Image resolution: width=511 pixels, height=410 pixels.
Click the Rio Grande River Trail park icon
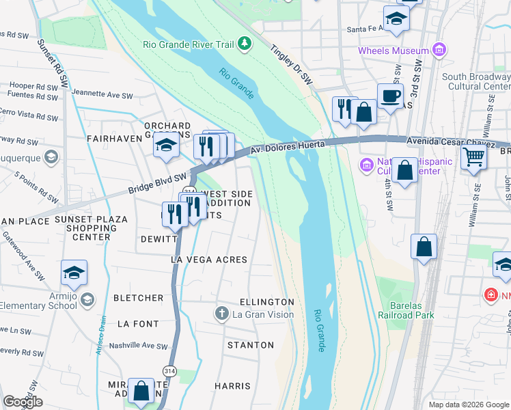tap(245, 45)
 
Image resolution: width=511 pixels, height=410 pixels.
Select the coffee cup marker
tap(390, 96)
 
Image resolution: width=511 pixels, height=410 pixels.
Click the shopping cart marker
tap(473, 157)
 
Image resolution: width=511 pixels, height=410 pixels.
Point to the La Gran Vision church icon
tap(221, 314)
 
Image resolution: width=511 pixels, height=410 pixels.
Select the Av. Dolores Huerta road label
tap(287, 146)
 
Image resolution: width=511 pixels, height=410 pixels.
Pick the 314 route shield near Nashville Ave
tap(167, 370)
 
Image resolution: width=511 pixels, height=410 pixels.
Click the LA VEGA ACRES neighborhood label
tap(208, 260)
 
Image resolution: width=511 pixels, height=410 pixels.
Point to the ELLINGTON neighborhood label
tap(267, 301)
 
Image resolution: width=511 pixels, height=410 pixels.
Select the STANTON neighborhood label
tap(251, 345)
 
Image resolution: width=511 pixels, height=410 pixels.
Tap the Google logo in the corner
tap(23, 402)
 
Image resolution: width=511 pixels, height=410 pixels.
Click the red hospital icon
tap(490, 295)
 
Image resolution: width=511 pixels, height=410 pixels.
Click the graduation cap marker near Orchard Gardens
tap(166, 145)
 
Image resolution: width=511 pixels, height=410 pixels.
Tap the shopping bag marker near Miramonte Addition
tap(141, 392)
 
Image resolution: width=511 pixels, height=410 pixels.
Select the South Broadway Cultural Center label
tap(476, 82)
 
